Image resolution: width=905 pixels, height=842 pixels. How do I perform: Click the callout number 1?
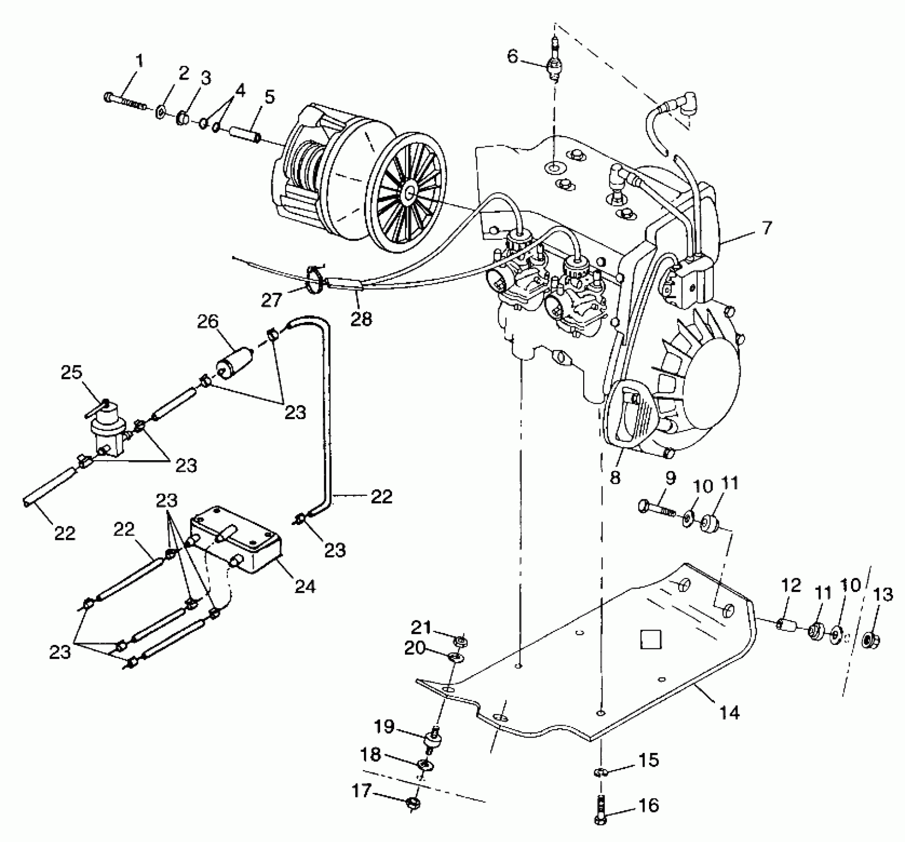[x=139, y=61]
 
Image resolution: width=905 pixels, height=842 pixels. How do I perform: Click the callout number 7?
[x=766, y=228]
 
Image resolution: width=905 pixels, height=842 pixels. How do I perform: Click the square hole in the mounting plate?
[x=651, y=639]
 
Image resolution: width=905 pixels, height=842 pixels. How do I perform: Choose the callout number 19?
[x=384, y=727]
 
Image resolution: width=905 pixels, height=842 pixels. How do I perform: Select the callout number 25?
[x=71, y=372]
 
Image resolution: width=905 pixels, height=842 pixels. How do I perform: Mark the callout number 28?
[x=361, y=318]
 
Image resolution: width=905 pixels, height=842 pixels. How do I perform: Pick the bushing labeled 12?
[x=785, y=625]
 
